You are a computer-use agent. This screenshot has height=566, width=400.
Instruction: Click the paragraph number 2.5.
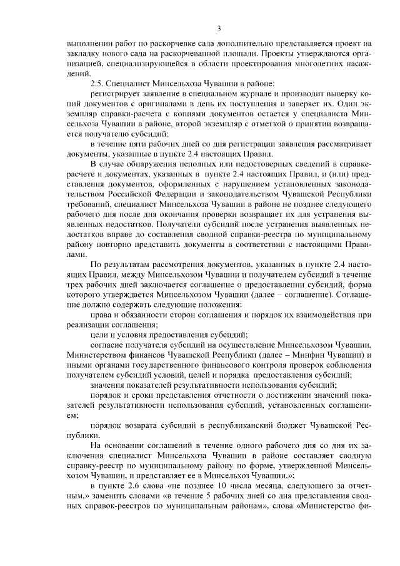pos(97,83)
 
